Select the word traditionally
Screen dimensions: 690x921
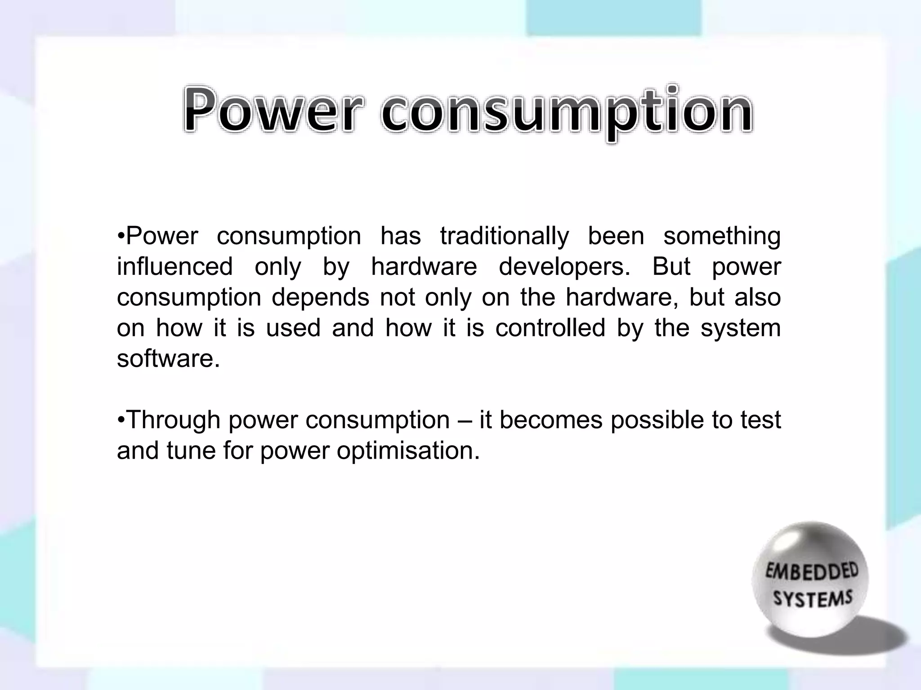click(x=505, y=237)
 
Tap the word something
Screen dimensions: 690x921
click(x=722, y=237)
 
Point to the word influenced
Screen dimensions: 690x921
click(x=174, y=266)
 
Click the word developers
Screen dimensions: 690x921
click(x=564, y=267)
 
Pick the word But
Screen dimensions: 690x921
click(x=671, y=266)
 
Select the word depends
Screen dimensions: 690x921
click(x=320, y=298)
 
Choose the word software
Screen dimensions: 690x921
click(x=168, y=358)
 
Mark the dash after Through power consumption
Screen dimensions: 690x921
click(x=464, y=421)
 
